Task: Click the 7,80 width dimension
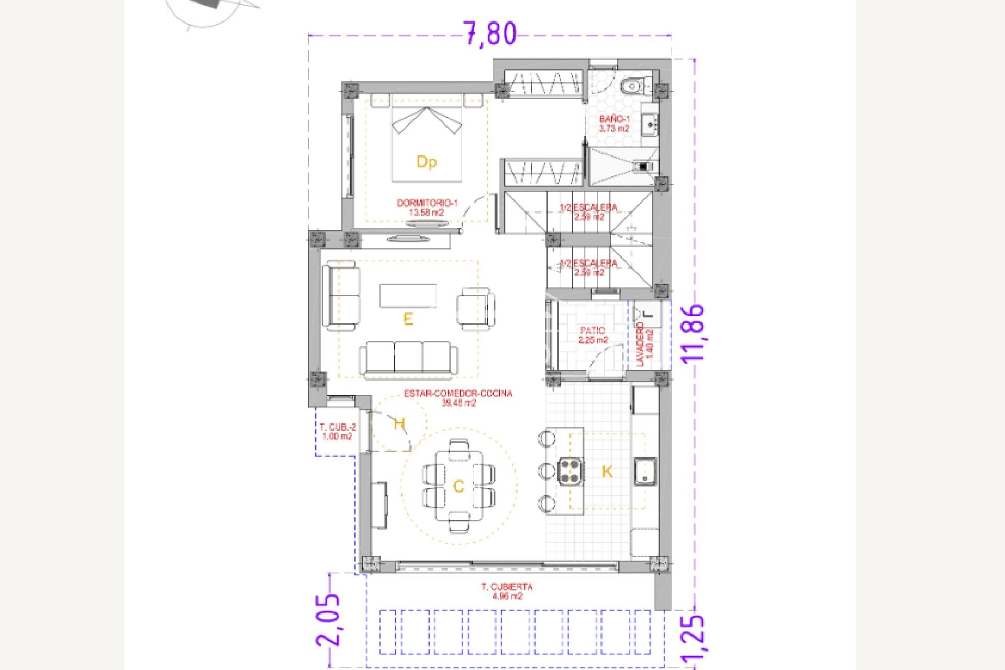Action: (490, 34)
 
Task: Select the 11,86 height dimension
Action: (692, 333)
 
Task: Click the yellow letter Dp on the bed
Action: (427, 162)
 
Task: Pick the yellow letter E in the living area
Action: (408, 319)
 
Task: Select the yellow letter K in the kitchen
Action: (607, 472)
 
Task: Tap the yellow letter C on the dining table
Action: (459, 487)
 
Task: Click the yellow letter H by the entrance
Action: (399, 423)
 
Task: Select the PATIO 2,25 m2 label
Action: (593, 335)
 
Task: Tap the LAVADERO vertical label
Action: (645, 344)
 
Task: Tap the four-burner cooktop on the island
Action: (570, 470)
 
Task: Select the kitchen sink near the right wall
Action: (645, 471)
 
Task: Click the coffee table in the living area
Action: (408, 296)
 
